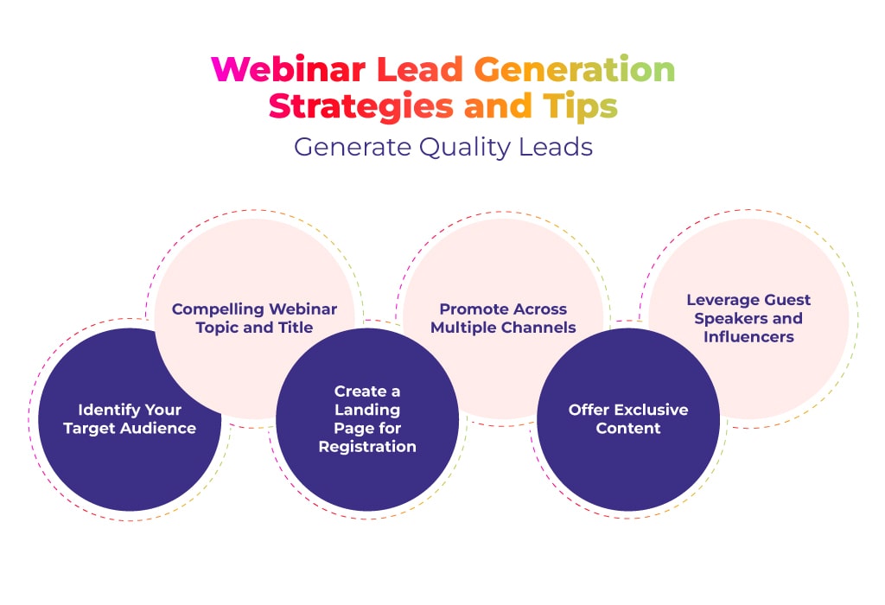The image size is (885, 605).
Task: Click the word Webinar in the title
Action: (289, 69)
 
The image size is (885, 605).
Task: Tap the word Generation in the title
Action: (574, 69)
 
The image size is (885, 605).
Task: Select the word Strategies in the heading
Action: (360, 106)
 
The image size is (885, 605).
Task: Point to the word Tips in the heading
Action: (580, 106)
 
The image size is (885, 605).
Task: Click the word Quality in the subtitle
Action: (464, 147)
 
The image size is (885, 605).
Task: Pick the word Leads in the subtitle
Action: (556, 147)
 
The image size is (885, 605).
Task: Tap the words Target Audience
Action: (130, 429)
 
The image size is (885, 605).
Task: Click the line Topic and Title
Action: (255, 328)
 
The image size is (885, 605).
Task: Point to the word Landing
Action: (367, 410)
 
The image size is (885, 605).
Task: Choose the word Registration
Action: (367, 447)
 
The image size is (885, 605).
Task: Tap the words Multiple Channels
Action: (504, 328)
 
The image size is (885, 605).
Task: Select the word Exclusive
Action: (652, 410)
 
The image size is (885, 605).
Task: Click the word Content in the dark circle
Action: (628, 429)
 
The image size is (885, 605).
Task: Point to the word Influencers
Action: (749, 337)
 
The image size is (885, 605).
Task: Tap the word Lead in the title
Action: (419, 69)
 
